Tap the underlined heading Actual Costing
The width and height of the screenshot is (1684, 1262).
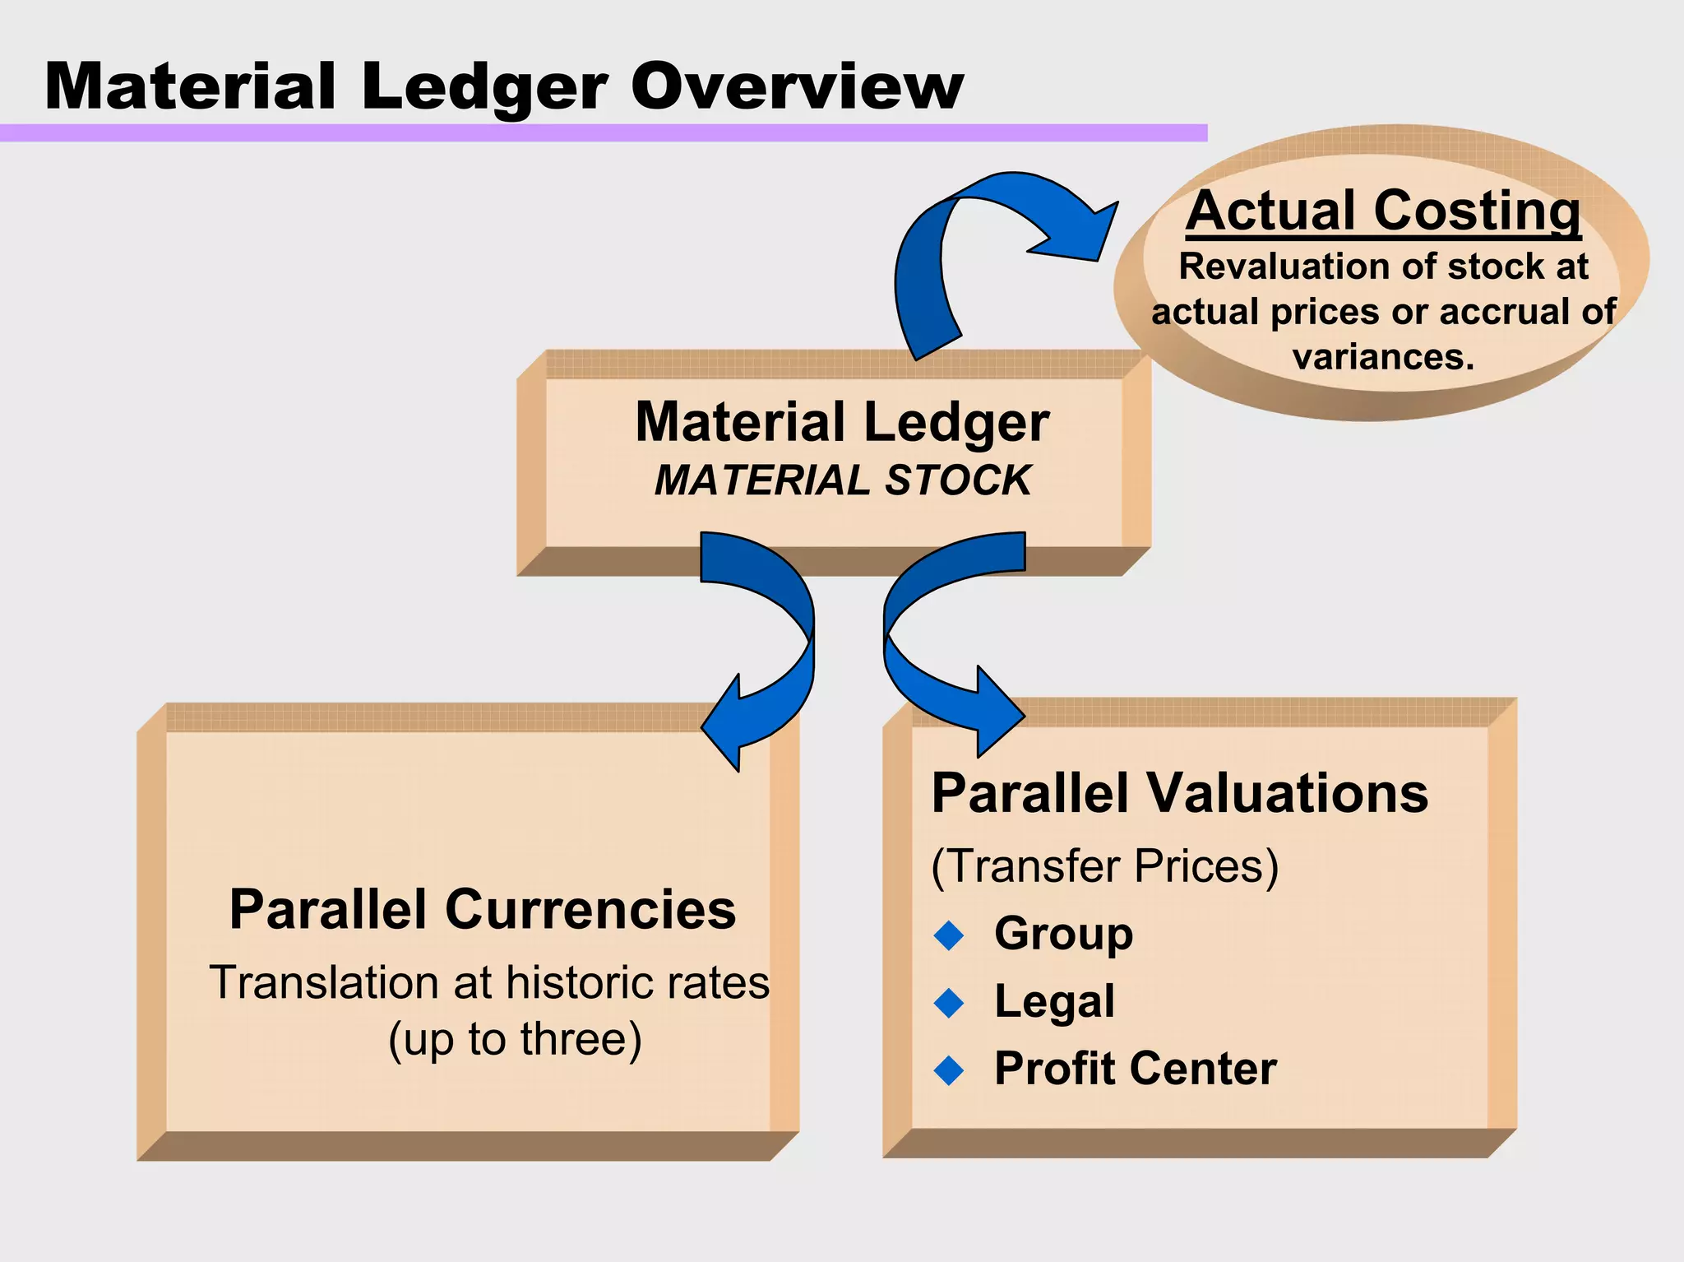pyautogui.click(x=1383, y=211)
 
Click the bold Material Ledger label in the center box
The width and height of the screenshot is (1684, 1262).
pyautogui.click(x=842, y=422)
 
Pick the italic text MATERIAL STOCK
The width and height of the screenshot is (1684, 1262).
pyautogui.click(x=842, y=480)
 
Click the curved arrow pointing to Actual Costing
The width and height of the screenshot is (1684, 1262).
pyautogui.click(x=987, y=239)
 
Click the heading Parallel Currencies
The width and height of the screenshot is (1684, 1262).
pyautogui.click(x=483, y=910)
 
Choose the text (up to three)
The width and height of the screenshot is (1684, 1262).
pyautogui.click(x=515, y=1039)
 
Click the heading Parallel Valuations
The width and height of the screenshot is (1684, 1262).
pyautogui.click(x=1180, y=794)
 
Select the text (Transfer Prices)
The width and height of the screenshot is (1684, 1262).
pyautogui.click(x=1104, y=866)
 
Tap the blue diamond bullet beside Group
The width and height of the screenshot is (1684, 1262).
pyautogui.click(x=950, y=935)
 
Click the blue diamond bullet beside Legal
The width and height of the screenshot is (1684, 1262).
pyautogui.click(x=950, y=1003)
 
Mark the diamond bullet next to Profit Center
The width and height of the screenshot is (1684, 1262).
pyautogui.click(x=950, y=1070)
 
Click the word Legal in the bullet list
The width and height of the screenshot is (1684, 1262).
pyautogui.click(x=1054, y=1002)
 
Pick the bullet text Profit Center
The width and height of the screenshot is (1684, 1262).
pyautogui.click(x=1135, y=1069)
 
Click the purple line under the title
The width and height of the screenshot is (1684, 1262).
pyautogui.click(x=604, y=133)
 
